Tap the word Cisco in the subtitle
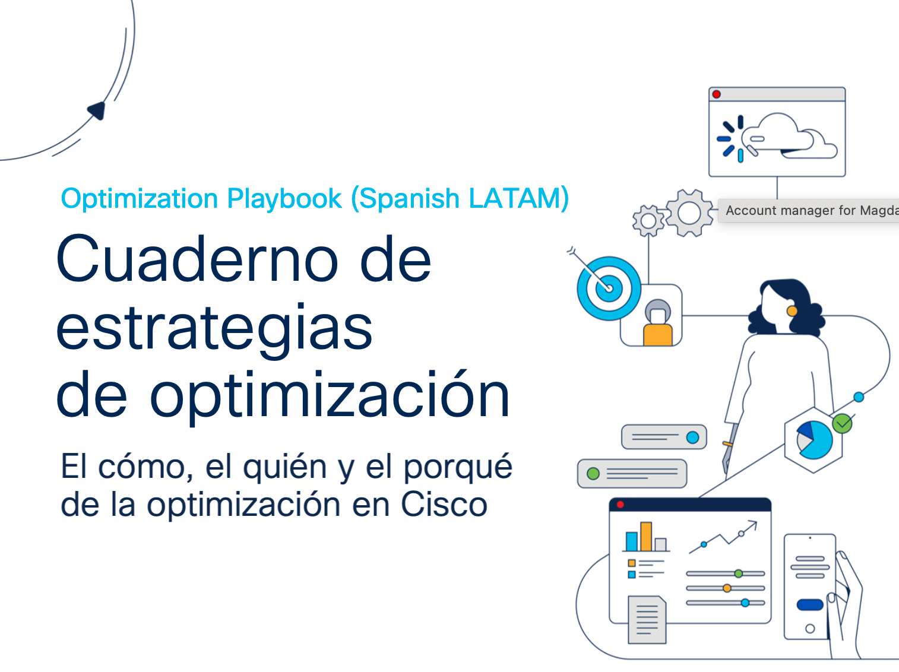(x=444, y=505)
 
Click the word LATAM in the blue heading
(x=518, y=199)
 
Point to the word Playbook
(x=284, y=199)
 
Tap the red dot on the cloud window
(x=716, y=94)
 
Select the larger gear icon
(x=689, y=213)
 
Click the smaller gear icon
(x=648, y=221)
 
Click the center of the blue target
(x=609, y=289)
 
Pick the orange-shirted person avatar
(x=658, y=324)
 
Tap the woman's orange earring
(x=792, y=311)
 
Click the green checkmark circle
(x=842, y=424)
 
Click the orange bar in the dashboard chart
(x=646, y=537)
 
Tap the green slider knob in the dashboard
(x=739, y=573)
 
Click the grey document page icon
(x=647, y=620)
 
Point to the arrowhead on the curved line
(x=97, y=110)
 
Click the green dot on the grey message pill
(x=593, y=473)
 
